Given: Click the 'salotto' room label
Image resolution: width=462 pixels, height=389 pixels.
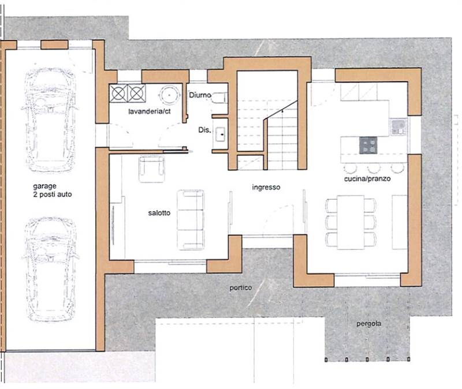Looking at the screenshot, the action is (x=159, y=212).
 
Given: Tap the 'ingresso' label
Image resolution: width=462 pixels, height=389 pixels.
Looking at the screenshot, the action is (x=266, y=187).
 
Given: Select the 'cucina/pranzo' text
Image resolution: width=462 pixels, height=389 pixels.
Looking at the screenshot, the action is (x=367, y=179).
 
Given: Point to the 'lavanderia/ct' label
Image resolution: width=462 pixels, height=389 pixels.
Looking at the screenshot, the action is (x=150, y=111).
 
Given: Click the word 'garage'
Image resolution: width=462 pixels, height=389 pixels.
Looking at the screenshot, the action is (x=44, y=186).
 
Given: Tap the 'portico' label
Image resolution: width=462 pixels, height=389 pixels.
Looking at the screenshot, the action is (x=241, y=287).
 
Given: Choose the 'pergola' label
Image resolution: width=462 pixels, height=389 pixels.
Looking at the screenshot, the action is (x=368, y=324).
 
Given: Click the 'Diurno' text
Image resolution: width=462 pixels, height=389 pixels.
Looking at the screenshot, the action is (x=200, y=95).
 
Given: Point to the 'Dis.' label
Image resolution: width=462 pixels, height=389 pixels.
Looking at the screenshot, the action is (x=204, y=130).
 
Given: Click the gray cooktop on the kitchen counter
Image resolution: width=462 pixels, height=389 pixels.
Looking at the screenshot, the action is (x=368, y=145).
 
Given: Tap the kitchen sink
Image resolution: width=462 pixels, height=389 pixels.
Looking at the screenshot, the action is (x=399, y=127).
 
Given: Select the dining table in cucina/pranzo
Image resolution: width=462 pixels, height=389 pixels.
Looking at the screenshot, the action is (x=351, y=222).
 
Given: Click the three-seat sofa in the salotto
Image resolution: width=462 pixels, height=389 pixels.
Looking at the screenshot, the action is (x=191, y=220).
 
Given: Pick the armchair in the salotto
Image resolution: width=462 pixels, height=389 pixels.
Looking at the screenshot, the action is (x=151, y=169).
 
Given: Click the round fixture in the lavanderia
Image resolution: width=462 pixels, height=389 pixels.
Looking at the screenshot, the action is (x=169, y=95).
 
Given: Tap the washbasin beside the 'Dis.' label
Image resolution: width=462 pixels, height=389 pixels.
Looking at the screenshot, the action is (x=220, y=134).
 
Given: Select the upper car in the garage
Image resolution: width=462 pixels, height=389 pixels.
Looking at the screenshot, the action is (x=50, y=119).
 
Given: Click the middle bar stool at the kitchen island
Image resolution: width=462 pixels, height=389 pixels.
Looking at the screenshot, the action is (x=374, y=168).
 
